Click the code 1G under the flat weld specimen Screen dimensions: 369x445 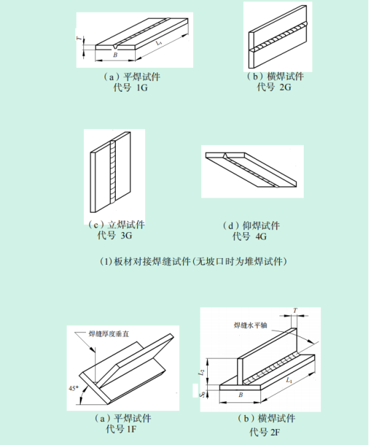coord(142,87)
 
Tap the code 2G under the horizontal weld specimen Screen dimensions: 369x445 coord(285,87)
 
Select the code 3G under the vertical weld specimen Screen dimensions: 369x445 coord(127,235)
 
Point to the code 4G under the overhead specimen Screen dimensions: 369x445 coord(261,236)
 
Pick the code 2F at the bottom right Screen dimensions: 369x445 coord(275,432)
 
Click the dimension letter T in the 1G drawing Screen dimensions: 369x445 coord(80,38)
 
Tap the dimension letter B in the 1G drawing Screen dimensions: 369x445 coord(115,55)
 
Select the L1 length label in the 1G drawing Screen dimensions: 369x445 coord(159,43)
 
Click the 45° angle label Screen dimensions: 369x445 coord(73,388)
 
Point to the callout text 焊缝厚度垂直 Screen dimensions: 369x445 coord(109,334)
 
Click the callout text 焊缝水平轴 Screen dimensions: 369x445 coord(250,325)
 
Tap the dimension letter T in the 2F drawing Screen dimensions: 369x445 coord(295,311)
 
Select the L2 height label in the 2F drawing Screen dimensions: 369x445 coord(201,372)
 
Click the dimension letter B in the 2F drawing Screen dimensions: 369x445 coord(240,394)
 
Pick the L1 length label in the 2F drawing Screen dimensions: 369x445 coord(289,380)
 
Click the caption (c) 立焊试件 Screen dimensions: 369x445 coord(117,225)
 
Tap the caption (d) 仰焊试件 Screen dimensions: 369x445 coord(251,225)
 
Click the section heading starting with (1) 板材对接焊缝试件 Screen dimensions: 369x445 coord(193,261)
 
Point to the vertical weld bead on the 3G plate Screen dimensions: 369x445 coord(113,172)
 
